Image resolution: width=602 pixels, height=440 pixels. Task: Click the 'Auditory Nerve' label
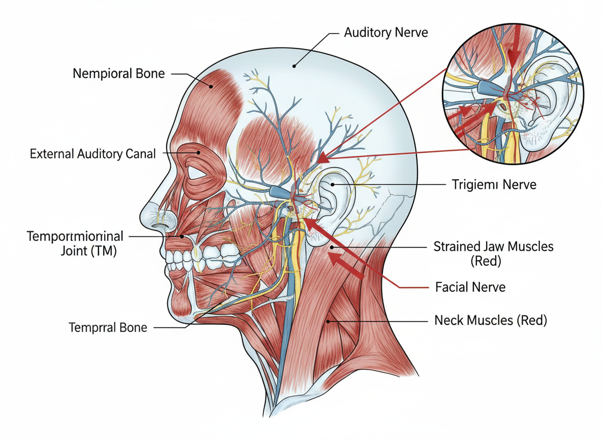pyautogui.click(x=386, y=33)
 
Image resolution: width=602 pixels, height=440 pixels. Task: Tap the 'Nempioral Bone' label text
pyautogui.click(x=118, y=73)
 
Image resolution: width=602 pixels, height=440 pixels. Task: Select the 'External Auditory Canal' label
pyautogui.click(x=93, y=154)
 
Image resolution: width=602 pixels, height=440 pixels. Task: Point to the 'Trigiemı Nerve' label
pyautogui.click(x=494, y=184)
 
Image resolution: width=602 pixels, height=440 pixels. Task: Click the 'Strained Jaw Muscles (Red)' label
pyautogui.click(x=493, y=254)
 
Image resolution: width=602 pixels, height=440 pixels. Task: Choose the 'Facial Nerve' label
pyautogui.click(x=470, y=287)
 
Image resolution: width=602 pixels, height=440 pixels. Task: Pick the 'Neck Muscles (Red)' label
pyautogui.click(x=491, y=321)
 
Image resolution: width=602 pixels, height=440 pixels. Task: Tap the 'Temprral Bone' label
pyautogui.click(x=108, y=327)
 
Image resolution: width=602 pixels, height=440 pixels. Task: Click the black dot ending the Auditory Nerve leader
pyautogui.click(x=294, y=66)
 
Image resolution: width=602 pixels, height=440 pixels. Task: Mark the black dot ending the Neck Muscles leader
pyautogui.click(x=329, y=321)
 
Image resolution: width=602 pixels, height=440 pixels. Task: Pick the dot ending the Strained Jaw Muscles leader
pyautogui.click(x=331, y=247)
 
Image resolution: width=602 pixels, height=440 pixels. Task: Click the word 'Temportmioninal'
pyautogui.click(x=74, y=237)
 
